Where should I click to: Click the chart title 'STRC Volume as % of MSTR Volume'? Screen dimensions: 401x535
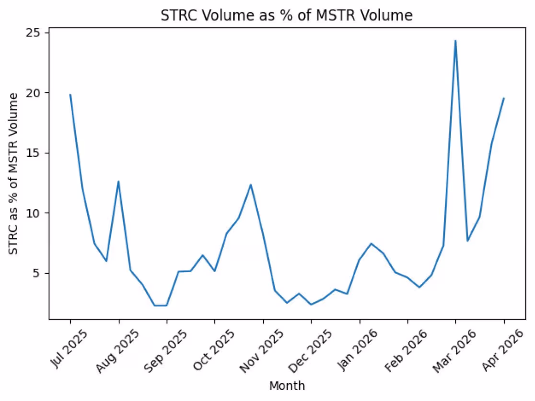286,15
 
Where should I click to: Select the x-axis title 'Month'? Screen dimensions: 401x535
287,385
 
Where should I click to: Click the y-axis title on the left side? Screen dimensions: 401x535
14,173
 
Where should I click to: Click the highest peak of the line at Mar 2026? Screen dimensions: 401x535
455,41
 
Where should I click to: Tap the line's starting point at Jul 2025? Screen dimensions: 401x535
70,94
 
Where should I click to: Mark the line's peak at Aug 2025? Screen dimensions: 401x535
118,181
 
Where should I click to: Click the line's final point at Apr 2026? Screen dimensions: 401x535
503,98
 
